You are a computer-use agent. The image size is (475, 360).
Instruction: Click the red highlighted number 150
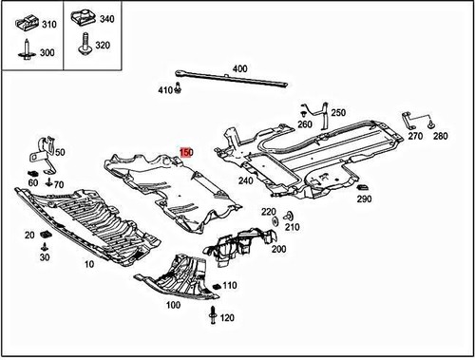[x=186, y=152]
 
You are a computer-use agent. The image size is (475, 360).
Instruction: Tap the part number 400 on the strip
[x=239, y=68]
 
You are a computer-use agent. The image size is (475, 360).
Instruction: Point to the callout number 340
[x=106, y=19]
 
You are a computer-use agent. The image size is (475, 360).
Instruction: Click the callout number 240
[x=245, y=180]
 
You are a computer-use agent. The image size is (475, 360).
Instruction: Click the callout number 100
[x=173, y=306]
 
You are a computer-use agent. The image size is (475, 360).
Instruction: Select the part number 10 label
[x=88, y=265]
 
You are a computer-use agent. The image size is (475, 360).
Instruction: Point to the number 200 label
[x=278, y=249]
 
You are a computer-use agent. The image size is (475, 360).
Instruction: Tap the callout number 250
[x=338, y=113]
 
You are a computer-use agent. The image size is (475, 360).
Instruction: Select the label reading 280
[x=440, y=137]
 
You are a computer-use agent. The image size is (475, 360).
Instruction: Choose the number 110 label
[x=229, y=285]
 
